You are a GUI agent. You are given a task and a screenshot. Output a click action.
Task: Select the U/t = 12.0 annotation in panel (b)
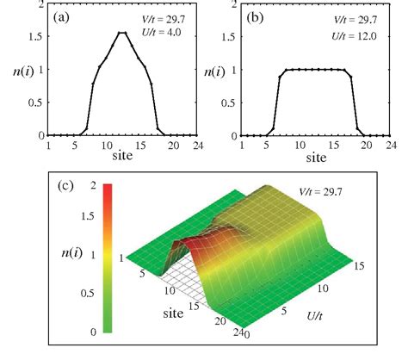pos(364,32)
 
